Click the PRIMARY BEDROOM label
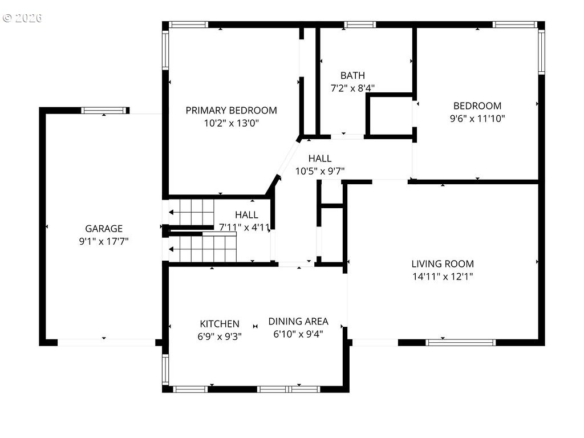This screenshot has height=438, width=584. point(232,110)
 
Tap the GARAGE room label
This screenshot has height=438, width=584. point(104,228)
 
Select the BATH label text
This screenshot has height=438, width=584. point(352,76)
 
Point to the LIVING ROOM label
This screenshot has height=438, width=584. point(443,263)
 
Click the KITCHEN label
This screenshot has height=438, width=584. point(220,324)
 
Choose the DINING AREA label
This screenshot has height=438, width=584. point(298,321)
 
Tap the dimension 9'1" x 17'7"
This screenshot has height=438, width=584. point(104,241)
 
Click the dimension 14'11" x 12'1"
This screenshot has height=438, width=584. point(443,277)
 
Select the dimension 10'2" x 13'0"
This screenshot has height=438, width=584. point(232,123)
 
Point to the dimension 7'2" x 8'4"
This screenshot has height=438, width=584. point(352,88)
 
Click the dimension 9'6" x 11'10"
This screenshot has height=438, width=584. point(477,119)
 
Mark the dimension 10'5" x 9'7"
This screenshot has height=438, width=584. point(320,171)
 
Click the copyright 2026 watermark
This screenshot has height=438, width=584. point(22,18)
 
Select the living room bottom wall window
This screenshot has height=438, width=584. point(461,342)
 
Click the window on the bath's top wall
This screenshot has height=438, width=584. point(359,25)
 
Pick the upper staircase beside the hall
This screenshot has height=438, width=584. point(192,212)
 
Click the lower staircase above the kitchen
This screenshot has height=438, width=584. point(202,247)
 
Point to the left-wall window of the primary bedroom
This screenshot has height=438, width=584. point(165,50)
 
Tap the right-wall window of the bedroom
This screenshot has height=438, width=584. point(542,52)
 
